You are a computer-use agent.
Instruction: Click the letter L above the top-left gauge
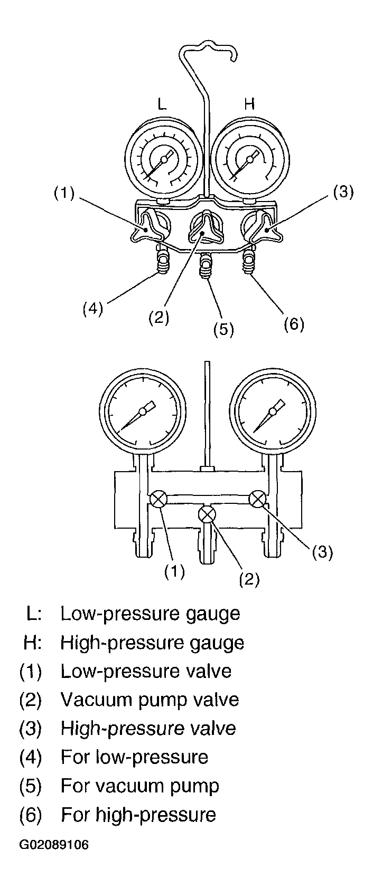pyautogui.click(x=161, y=104)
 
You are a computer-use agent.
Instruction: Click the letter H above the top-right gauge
pyautogui.click(x=249, y=104)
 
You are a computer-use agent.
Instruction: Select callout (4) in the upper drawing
pyautogui.click(x=92, y=308)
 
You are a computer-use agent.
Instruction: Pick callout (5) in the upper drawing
pyautogui.click(x=223, y=329)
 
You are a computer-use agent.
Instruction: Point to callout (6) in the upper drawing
pyautogui.click(x=294, y=324)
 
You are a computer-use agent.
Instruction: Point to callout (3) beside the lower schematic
pyautogui.click(x=322, y=552)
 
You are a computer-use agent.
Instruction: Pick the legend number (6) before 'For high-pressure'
pyautogui.click(x=31, y=815)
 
